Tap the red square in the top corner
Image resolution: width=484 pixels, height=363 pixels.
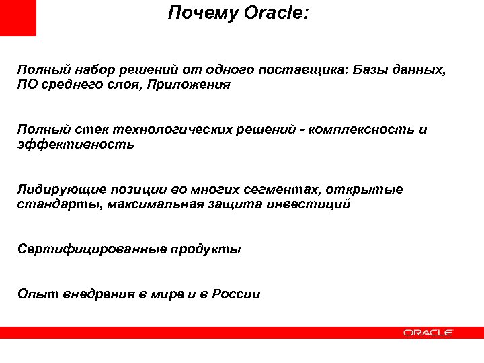coord(18,17)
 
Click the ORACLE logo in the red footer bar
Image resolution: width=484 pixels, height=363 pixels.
coord(428,332)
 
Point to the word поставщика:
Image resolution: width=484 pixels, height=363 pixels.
coord(309,70)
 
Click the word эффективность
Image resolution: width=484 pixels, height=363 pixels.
coord(75,145)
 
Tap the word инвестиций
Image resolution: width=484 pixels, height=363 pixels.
coord(311,204)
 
